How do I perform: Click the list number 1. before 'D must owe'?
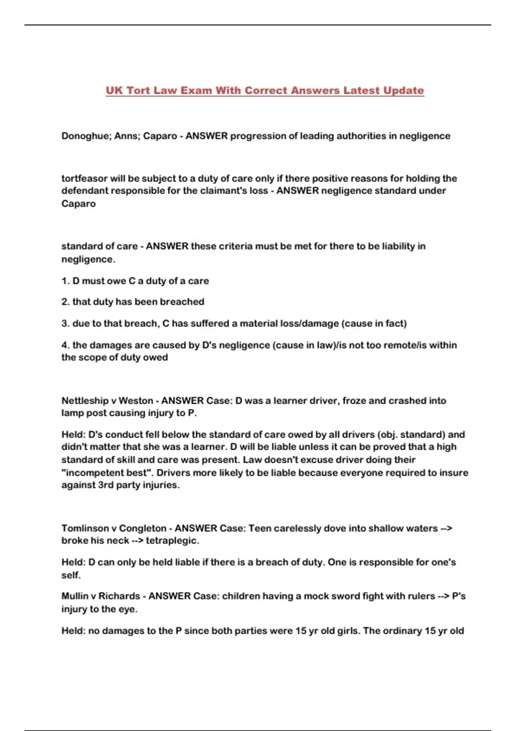coord(65,281)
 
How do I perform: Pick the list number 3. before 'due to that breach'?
coord(65,324)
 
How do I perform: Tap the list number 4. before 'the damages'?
coord(65,345)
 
